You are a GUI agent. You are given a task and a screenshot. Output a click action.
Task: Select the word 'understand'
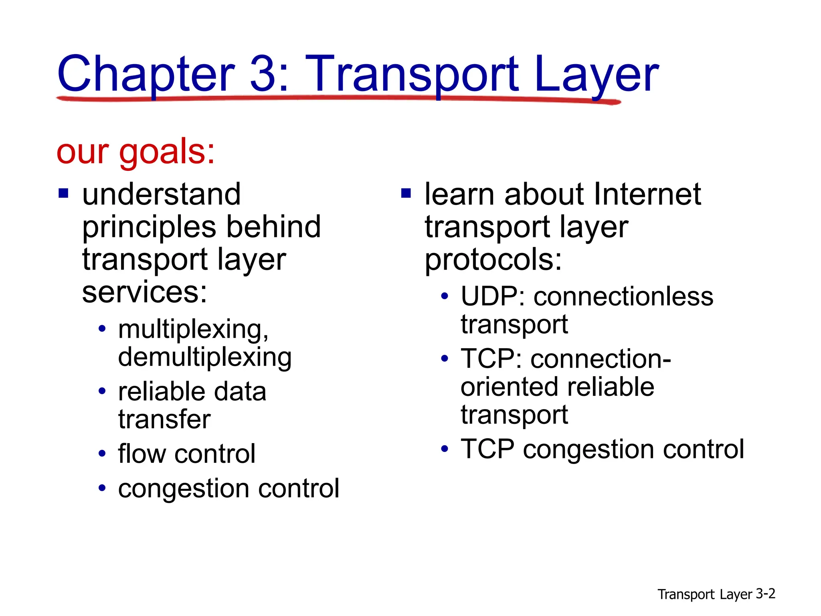click(162, 195)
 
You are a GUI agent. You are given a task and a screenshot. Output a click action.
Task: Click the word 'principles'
click(149, 228)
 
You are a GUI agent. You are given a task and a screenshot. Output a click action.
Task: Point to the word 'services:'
click(144, 292)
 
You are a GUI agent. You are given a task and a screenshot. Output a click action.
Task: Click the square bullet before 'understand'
click(63, 194)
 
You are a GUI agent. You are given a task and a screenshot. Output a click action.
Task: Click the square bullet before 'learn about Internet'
click(406, 194)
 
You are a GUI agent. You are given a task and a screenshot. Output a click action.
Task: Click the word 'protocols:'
click(493, 260)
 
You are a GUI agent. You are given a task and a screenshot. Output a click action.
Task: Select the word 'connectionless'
click(623, 297)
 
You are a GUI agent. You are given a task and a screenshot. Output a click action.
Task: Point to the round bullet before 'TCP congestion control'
click(444, 449)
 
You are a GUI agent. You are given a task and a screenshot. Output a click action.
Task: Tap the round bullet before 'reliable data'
click(102, 391)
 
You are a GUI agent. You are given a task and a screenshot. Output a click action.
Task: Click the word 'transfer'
click(164, 419)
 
